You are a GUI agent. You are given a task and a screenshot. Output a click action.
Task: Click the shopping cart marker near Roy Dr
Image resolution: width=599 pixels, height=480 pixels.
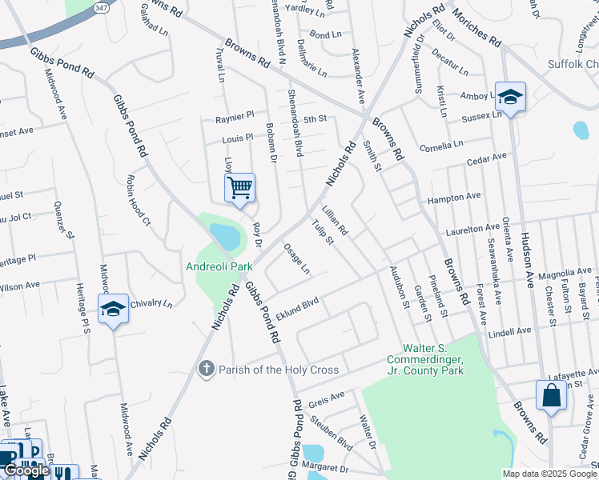click(x=239, y=189)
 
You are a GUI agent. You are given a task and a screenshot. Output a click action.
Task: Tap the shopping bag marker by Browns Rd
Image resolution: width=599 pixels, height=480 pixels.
click(x=551, y=395)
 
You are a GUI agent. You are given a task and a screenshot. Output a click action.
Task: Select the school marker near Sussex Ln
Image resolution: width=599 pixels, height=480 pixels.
click(x=510, y=98)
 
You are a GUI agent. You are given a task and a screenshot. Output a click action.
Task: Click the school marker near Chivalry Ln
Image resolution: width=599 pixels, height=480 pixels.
click(x=113, y=309)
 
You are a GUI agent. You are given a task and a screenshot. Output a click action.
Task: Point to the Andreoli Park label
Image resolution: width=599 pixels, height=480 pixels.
click(x=214, y=266)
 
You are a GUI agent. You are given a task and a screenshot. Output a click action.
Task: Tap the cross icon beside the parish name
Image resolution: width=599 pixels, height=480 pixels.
click(x=207, y=369)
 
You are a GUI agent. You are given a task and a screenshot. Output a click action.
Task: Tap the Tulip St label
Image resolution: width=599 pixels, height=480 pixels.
click(x=324, y=232)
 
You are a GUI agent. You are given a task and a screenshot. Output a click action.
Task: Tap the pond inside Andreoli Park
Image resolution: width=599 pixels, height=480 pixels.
click(x=223, y=236)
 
